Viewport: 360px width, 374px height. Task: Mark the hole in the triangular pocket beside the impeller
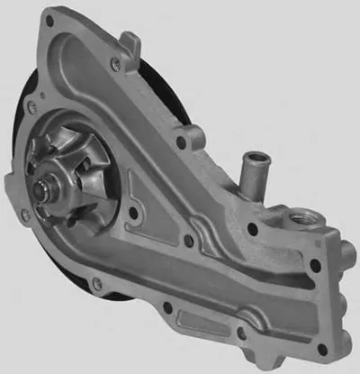[x=135, y=213]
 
